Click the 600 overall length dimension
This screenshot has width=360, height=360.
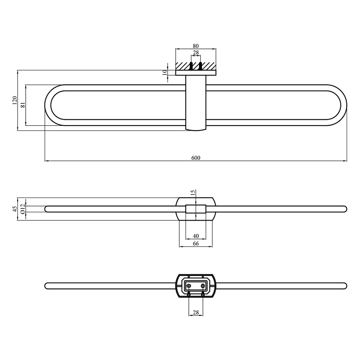pyautogui.click(x=195, y=158)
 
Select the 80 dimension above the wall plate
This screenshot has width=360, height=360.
pyautogui.click(x=195, y=46)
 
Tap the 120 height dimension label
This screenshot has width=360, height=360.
pyautogui.click(x=14, y=100)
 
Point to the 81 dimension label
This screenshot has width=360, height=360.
pyautogui.click(x=23, y=105)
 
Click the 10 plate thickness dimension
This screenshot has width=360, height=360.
pyautogui.click(x=165, y=72)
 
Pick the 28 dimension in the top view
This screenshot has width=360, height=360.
pyautogui.click(x=195, y=53)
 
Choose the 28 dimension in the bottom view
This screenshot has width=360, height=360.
pyautogui.click(x=195, y=312)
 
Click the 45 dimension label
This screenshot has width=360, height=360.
pyautogui.click(x=14, y=209)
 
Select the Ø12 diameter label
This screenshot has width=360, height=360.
pyautogui.click(x=22, y=209)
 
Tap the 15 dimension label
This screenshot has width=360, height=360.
pyautogui.click(x=193, y=192)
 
